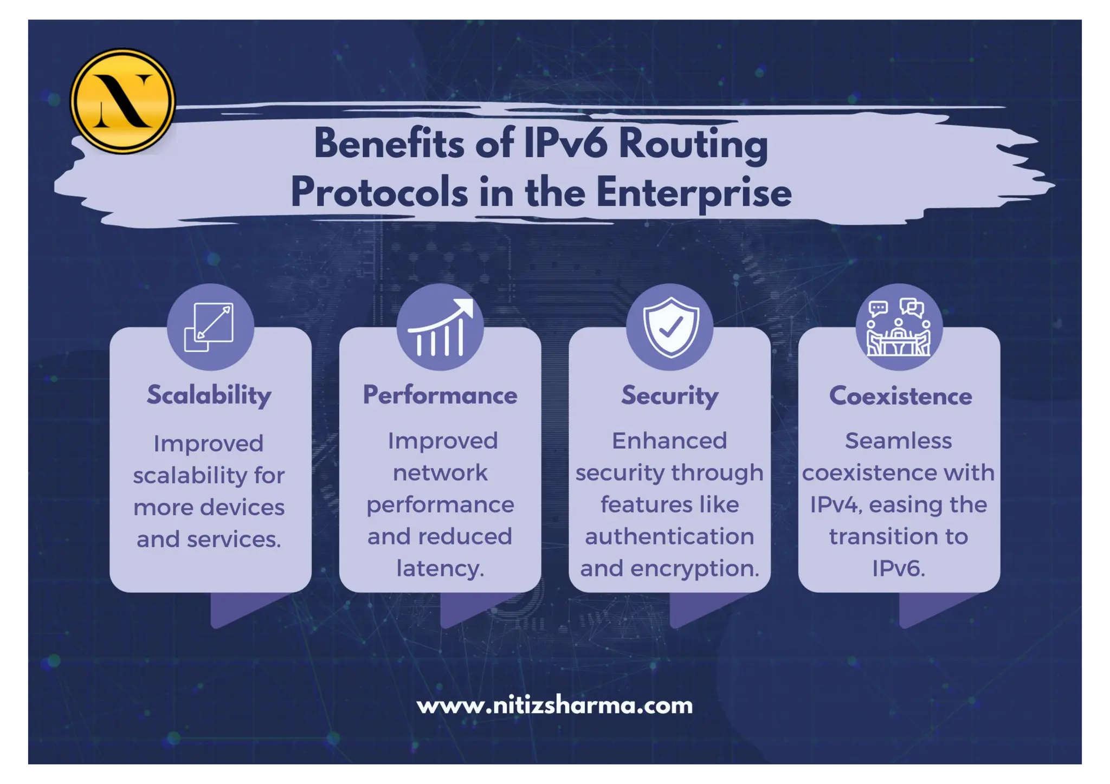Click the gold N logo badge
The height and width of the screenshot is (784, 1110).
click(x=122, y=101)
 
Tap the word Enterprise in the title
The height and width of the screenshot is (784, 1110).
click(x=693, y=193)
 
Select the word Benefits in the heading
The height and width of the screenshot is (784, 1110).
click(x=389, y=144)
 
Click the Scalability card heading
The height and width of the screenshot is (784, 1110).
click(x=209, y=395)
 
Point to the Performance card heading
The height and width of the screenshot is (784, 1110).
click(x=440, y=395)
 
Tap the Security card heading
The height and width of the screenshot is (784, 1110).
click(x=669, y=396)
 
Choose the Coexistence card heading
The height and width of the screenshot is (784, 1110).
click(x=900, y=396)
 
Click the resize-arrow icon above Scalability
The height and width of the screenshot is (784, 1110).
click(x=210, y=327)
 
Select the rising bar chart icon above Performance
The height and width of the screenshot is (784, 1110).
click(x=440, y=327)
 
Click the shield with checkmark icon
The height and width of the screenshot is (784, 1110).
click(x=670, y=327)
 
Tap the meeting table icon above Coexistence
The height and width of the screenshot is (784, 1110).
click(x=899, y=327)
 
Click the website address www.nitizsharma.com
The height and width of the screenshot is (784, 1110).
click(x=554, y=705)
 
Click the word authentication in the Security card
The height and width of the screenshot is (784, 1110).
click(x=669, y=536)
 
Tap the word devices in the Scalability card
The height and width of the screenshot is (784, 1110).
click(x=242, y=507)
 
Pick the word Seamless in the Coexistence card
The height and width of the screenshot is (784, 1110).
click(x=898, y=440)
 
